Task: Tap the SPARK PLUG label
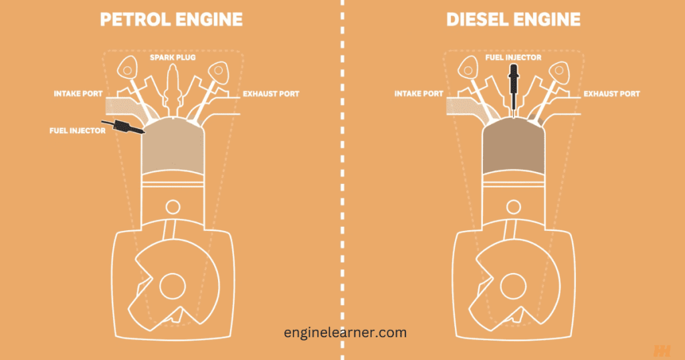pyautogui.click(x=171, y=58)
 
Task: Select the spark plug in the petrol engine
pyautogui.click(x=171, y=90)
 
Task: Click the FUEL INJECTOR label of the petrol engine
pyautogui.click(x=78, y=130)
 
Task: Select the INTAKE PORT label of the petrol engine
pyautogui.click(x=76, y=94)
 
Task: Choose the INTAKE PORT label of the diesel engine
pyautogui.click(x=418, y=94)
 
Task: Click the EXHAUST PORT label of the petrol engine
pyautogui.click(x=271, y=94)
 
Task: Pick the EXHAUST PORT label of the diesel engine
pyautogui.click(x=611, y=94)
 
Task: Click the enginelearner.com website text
pyautogui.click(x=343, y=332)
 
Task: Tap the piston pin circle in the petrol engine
pyautogui.click(x=171, y=206)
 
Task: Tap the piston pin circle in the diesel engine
pyautogui.click(x=514, y=206)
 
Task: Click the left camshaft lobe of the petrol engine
pyautogui.click(x=128, y=67)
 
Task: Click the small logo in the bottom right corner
pyautogui.click(x=662, y=350)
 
